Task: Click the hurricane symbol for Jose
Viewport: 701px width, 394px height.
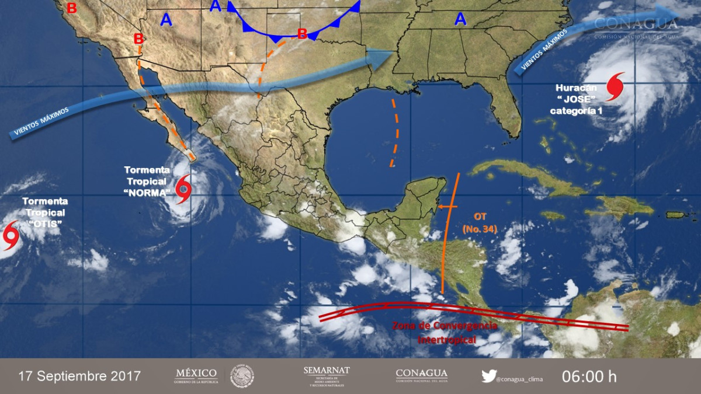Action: tap(615, 86)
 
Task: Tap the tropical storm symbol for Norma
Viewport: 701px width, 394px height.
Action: tap(183, 188)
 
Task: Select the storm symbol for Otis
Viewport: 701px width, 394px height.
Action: tap(11, 235)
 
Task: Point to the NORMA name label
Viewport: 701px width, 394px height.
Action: tap(147, 191)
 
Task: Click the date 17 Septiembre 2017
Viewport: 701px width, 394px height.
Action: tap(79, 376)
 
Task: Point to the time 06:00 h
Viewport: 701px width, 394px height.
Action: tap(589, 376)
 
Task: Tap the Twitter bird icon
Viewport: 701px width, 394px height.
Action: tap(488, 376)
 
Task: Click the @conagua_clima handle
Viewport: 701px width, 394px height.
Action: tap(519, 379)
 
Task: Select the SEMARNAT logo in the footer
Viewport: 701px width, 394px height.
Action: tap(326, 376)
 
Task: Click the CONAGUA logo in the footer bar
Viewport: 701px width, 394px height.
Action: tap(421, 376)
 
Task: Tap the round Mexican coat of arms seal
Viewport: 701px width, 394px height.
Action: tap(242, 376)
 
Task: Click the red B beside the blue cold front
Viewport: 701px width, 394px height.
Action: tap(302, 34)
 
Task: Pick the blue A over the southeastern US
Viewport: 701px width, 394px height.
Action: tap(461, 20)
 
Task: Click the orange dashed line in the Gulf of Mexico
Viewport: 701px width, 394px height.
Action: tap(397, 132)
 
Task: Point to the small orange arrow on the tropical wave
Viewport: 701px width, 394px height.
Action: tap(446, 206)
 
